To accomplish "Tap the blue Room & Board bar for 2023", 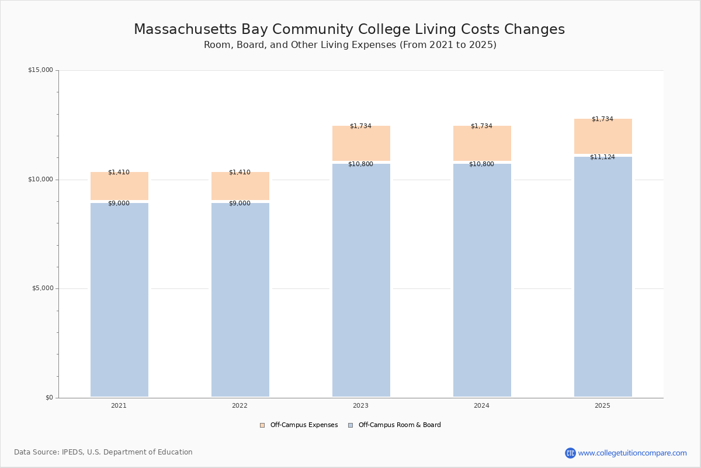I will tap(361, 281).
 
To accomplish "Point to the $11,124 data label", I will tap(602, 157).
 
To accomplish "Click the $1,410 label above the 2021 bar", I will tap(119, 172).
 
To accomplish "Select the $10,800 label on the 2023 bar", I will tap(360, 164).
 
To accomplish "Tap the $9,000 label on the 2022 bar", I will tap(240, 203).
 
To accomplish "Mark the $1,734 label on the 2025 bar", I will tap(602, 119).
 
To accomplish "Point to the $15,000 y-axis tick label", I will tap(40, 70).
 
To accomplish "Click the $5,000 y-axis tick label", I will tap(42, 288).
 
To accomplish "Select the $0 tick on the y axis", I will tap(49, 398).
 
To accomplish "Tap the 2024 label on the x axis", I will tap(481, 405).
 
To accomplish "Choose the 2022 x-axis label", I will tap(240, 405).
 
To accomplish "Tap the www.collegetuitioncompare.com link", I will tap(632, 453).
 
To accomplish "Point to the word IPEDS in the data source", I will tap(72, 452).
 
